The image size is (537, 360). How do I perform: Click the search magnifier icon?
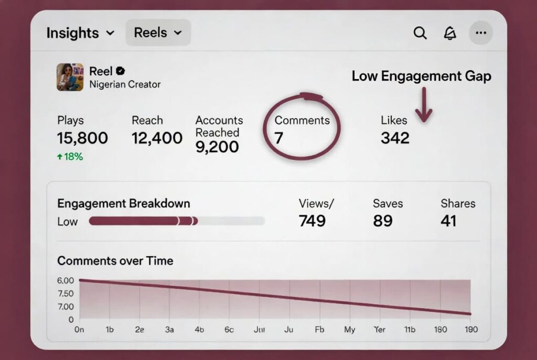point(420,33)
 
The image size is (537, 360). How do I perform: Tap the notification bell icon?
point(450,33)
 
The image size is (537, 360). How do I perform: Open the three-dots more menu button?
point(481,33)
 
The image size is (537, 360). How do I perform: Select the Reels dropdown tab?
point(158,33)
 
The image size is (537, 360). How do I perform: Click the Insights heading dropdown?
point(80,33)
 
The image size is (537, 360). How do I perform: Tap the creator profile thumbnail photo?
point(70,77)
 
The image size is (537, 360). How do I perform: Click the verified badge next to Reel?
point(120,71)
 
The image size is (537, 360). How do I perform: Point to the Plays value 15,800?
point(82,138)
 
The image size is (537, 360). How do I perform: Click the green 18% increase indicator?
point(70,156)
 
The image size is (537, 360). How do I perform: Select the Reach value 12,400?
point(157,138)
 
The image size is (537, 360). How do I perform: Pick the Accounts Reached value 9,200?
point(217,147)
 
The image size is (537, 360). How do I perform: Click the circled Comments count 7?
point(279,138)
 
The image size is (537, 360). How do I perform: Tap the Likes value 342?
point(395,138)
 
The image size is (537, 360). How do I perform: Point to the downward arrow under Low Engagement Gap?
point(424,104)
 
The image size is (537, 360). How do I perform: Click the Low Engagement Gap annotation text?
point(421,77)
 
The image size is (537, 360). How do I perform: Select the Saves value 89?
point(383,221)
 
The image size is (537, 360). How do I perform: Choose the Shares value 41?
point(448,221)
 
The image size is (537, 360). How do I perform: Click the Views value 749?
point(312,221)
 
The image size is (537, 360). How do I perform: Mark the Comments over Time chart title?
point(115,260)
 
